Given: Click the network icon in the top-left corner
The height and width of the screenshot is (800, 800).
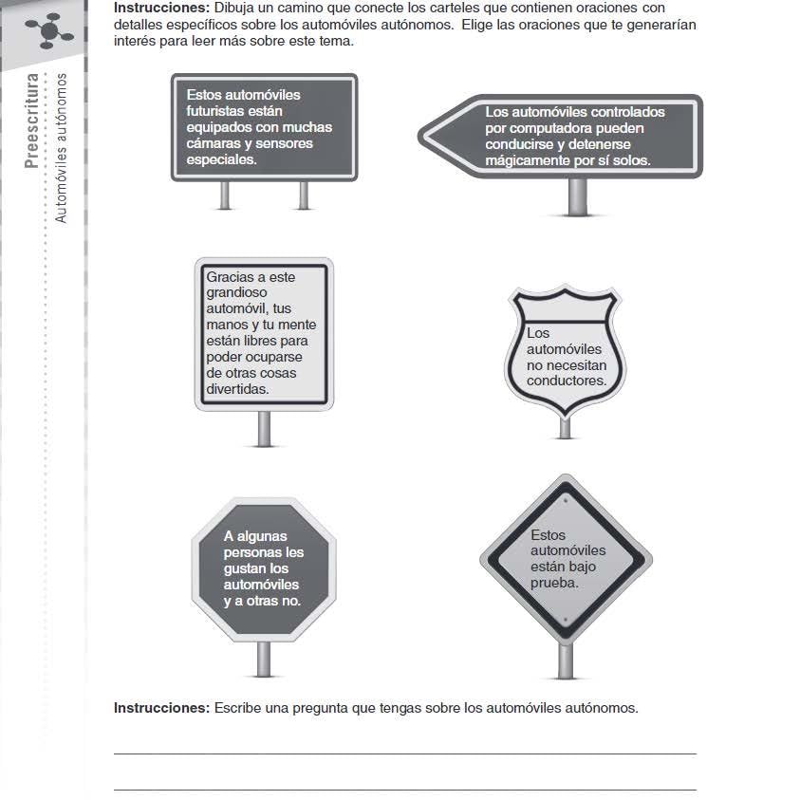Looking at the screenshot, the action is pos(49,31).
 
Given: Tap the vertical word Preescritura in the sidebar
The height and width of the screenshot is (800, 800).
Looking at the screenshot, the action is pos(31,121).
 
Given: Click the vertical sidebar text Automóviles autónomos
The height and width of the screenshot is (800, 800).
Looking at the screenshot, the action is pos(61,148).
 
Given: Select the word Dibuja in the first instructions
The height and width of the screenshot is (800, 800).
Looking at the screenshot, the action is pos(233,8).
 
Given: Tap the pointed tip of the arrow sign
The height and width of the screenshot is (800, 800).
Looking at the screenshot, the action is pos(419,137).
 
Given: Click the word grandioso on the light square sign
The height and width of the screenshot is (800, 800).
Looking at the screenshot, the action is pos(236,293).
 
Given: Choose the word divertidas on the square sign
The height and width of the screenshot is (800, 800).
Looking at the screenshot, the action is pos(237,389).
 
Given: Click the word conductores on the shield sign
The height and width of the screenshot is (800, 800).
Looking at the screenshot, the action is pos(567,381).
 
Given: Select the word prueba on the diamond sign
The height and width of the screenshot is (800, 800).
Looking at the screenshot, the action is pos(554,584).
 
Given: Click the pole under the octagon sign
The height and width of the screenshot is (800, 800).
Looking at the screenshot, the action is pos(264,659).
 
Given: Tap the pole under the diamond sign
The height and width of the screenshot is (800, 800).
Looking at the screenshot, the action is pos(566,660).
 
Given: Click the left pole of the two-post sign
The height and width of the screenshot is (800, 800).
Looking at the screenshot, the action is pos(225,195).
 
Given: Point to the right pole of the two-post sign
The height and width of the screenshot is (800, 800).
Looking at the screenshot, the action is pos(304,195).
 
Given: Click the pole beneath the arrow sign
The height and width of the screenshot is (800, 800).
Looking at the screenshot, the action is pos(578,196).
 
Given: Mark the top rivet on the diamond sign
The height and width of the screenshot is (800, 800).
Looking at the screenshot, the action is pos(566,500).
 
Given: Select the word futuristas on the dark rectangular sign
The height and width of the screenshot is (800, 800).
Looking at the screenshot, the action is pos(234,111).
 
